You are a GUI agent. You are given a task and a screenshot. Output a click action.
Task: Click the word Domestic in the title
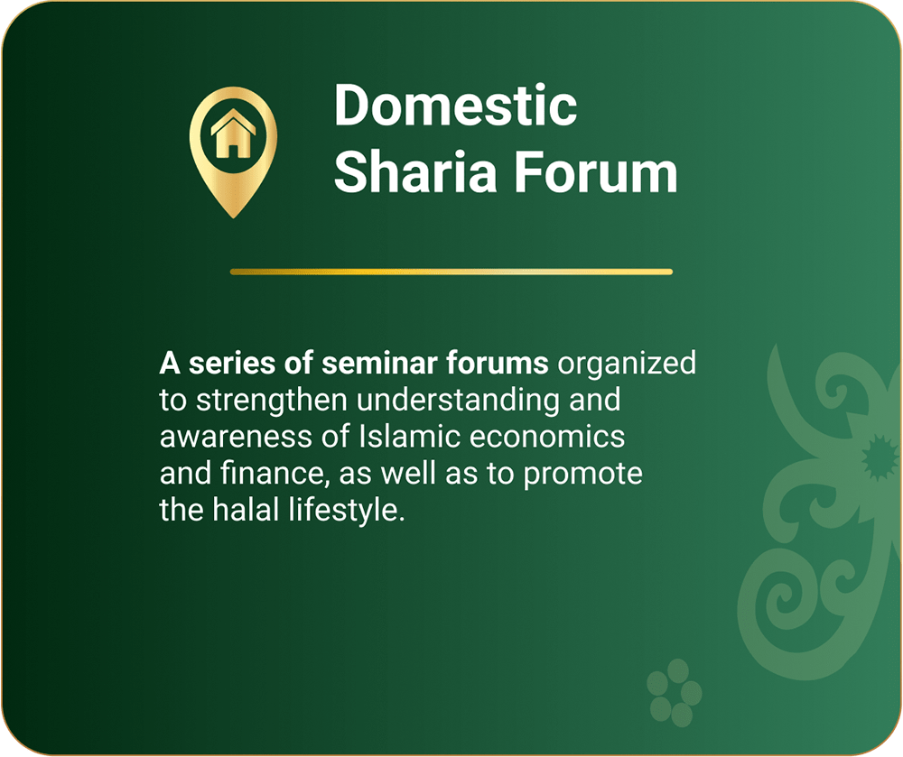(x=455, y=105)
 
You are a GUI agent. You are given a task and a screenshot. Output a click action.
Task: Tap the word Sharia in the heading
(x=415, y=171)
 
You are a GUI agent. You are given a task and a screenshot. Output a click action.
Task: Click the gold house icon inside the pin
(x=233, y=134)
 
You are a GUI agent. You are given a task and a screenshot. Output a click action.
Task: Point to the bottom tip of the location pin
(x=233, y=217)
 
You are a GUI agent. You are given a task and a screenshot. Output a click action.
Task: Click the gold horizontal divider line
(x=451, y=272)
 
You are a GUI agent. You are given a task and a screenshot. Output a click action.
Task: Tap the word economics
(x=547, y=438)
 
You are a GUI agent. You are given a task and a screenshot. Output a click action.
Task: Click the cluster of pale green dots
(x=674, y=693)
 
